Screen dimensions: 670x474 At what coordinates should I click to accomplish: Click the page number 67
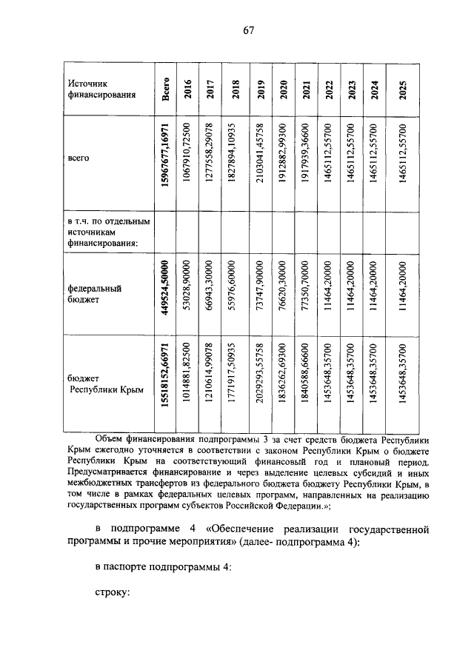point(247,30)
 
